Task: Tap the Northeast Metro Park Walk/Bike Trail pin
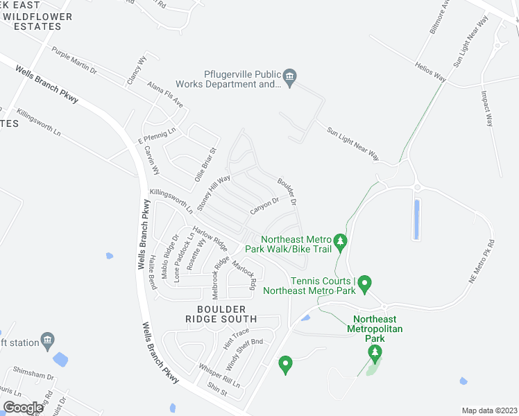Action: (340, 241)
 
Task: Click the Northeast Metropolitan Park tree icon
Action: (375, 354)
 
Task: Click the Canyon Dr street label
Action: (264, 205)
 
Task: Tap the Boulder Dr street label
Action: (287, 192)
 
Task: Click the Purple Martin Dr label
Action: (74, 60)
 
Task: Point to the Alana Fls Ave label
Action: (165, 94)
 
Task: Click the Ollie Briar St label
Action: (209, 162)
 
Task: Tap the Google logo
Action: (24, 408)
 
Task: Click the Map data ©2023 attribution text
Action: (489, 410)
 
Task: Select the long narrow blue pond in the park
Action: (416, 219)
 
